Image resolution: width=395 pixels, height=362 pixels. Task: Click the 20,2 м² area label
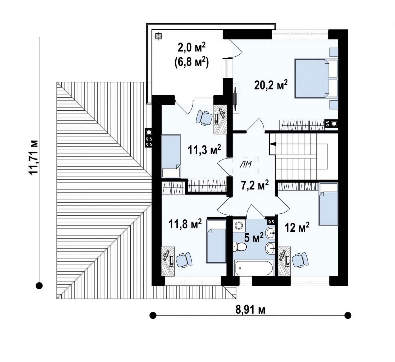pyautogui.click(x=271, y=85)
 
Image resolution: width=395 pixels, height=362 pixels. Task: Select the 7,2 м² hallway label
pyautogui.click(x=255, y=185)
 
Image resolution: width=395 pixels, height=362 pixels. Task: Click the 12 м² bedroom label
pyautogui.click(x=297, y=227)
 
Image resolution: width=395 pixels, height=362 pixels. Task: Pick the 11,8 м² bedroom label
pyautogui.click(x=185, y=224)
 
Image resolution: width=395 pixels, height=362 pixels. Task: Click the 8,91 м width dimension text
pyautogui.click(x=250, y=310)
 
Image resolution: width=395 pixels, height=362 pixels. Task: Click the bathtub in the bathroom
pyautogui.click(x=253, y=267)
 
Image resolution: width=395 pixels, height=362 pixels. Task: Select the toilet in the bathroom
pyautogui.click(x=239, y=247)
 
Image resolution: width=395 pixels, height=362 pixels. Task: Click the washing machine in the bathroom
pyautogui.click(x=239, y=225)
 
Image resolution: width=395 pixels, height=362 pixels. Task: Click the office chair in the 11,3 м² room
pyautogui.click(x=204, y=117)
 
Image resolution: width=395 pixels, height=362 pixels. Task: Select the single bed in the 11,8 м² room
pyautogui.click(x=216, y=241)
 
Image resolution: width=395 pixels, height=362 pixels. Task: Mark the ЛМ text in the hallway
pyautogui.click(x=246, y=164)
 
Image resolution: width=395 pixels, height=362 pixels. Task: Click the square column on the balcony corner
pyautogui.click(x=158, y=36)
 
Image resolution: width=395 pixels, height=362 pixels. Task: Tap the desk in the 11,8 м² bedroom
pyautogui.click(x=168, y=261)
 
